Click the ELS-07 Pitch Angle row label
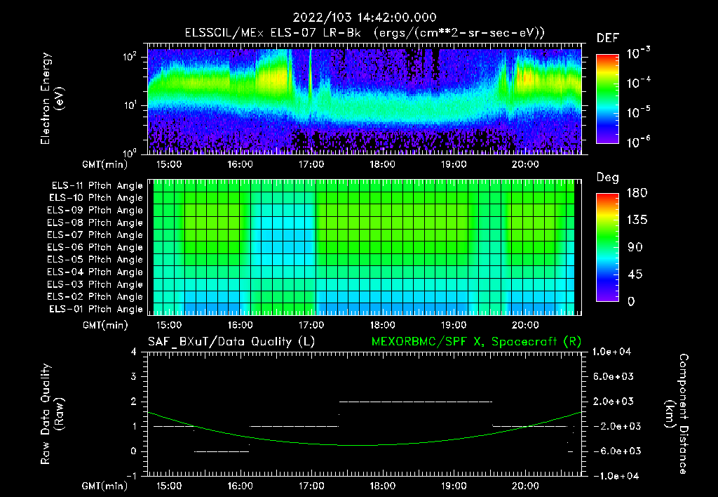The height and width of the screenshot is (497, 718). [95, 235]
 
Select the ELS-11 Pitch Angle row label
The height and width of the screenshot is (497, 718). [95, 186]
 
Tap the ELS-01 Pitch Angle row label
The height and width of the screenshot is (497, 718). [95, 309]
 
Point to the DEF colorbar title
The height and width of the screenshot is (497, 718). [607, 38]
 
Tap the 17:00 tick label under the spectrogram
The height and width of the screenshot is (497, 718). [311, 165]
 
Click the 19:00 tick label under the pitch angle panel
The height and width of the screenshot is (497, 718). [454, 325]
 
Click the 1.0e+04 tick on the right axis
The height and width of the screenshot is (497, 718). [614, 352]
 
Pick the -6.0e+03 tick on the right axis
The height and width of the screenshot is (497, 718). [614, 451]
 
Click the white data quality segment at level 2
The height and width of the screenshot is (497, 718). [415, 402]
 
